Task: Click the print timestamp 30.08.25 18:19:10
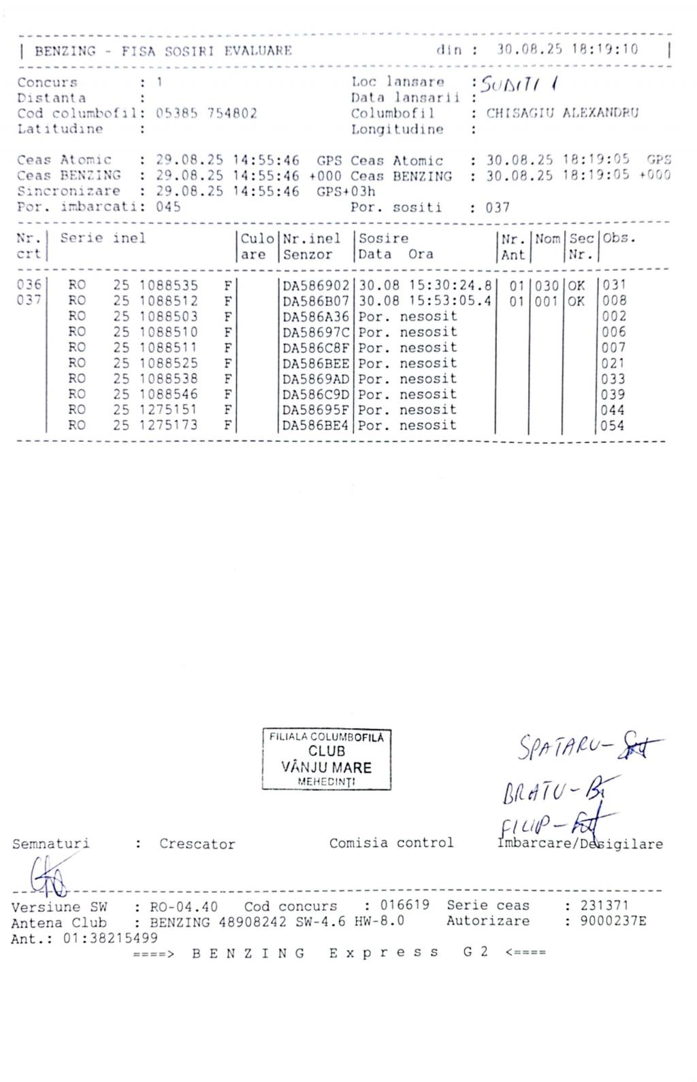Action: point(568,50)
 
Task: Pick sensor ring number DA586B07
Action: point(316,301)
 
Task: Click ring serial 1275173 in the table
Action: point(168,425)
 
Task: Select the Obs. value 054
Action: point(613,426)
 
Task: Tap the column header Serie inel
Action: point(102,238)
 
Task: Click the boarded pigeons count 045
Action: point(168,207)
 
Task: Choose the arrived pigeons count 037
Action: point(498,208)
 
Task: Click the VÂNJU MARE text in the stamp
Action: point(327,767)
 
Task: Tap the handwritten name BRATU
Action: point(534,790)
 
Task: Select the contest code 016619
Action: point(404,906)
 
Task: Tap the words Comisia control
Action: point(391,843)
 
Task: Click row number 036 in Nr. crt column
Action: point(29,285)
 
